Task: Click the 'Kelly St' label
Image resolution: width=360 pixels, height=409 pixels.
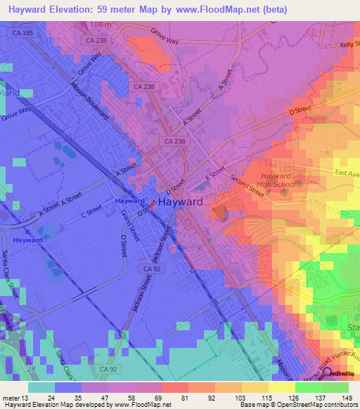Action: coord(349,44)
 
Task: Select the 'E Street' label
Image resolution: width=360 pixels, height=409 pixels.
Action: coord(214,171)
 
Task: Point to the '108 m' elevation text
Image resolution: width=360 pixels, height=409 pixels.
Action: coord(101,25)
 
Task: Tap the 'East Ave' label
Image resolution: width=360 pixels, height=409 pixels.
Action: coord(347,173)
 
